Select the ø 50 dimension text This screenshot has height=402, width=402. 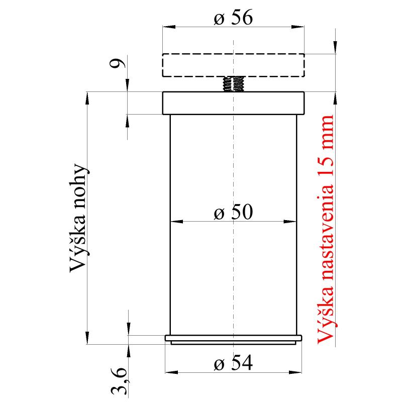coord(233,213)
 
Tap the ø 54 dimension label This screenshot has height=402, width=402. coord(233,363)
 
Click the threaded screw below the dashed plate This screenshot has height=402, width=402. coord(233,84)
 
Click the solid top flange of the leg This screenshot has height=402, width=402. coord(233,103)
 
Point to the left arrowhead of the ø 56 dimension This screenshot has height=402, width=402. coord(166,26)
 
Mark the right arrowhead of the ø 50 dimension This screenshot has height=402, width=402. coord(292,221)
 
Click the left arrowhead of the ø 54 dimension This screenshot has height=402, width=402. coord(170,372)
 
